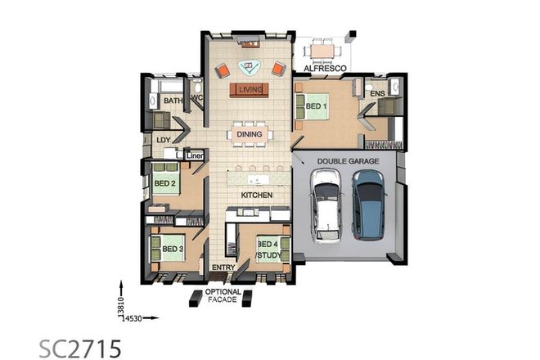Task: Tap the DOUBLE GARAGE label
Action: pyautogui.click(x=348, y=162)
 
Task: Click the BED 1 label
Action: pyautogui.click(x=317, y=106)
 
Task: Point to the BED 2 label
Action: pyautogui.click(x=165, y=184)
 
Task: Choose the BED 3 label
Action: pyautogui.click(x=172, y=249)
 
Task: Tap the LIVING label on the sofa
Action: pyautogui.click(x=250, y=88)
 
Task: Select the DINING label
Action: pyautogui.click(x=250, y=134)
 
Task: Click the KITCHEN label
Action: pyautogui.click(x=255, y=196)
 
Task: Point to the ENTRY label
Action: pyautogui.click(x=223, y=268)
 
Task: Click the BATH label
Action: pyautogui.click(x=173, y=101)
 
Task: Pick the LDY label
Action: pyautogui.click(x=163, y=140)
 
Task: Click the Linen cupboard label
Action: pyautogui.click(x=195, y=154)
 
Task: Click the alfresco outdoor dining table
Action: pyautogui.click(x=324, y=51)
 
